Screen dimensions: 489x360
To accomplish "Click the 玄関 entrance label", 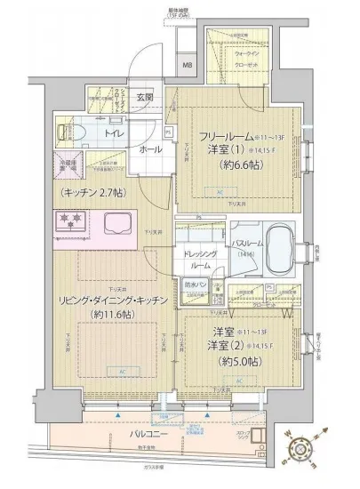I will click(145, 97).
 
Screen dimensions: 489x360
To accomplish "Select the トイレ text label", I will click(114, 133).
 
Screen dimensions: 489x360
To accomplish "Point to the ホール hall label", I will click(149, 149).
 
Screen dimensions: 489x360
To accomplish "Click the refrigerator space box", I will click(69, 168).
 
